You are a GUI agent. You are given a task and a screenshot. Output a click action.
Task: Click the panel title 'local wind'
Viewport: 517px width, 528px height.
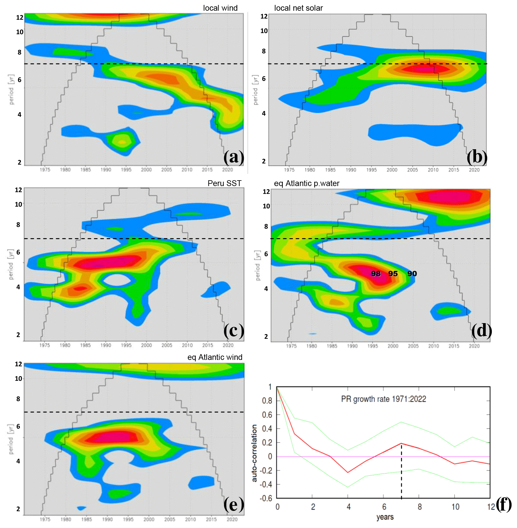tap(220, 8)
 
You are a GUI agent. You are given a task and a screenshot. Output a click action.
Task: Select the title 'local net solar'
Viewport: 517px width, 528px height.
tap(298, 8)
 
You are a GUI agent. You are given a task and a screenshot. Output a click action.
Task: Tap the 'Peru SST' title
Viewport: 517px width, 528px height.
tap(224, 183)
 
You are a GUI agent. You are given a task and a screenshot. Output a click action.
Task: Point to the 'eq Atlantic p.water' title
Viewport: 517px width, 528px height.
tap(307, 183)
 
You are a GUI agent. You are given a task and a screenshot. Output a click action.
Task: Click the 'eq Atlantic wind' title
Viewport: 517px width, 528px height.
tap(215, 357)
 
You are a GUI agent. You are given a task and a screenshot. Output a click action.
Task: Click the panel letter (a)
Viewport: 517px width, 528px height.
tap(234, 157)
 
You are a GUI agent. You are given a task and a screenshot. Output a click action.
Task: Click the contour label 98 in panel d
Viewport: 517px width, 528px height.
tap(376, 274)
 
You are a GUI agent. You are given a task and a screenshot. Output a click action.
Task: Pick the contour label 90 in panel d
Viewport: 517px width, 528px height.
tap(412, 274)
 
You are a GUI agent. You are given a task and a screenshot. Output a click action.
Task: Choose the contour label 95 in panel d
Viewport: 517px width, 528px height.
tap(393, 274)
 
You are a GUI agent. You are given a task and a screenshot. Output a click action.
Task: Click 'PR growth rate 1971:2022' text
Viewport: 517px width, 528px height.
tap(383, 399)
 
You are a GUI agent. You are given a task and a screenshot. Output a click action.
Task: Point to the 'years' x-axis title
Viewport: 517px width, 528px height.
tap(385, 517)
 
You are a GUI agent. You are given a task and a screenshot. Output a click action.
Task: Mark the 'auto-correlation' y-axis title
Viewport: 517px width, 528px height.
tap(255, 453)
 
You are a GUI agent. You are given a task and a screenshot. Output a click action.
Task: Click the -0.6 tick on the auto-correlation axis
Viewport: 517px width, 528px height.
tap(266, 498)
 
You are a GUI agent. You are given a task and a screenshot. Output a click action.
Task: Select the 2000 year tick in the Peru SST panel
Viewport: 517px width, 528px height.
tap(146, 345)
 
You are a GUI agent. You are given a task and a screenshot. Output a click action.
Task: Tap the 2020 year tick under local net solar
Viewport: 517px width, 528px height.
tap(474, 170)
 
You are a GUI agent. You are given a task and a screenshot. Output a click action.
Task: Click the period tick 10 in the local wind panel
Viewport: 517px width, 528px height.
tap(20, 32)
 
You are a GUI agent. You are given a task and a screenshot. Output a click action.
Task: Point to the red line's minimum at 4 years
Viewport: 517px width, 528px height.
tap(348, 472)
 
